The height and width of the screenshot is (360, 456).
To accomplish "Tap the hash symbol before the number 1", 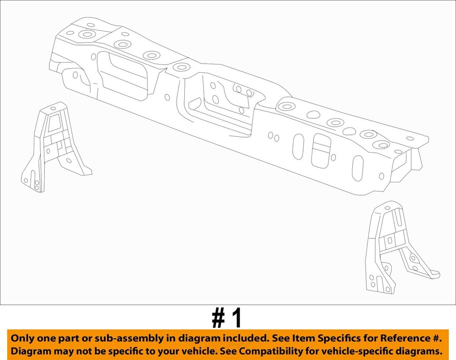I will [218, 319].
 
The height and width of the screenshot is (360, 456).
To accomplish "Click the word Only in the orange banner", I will [23, 339].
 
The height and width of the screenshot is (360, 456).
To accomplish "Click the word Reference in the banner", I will [394, 339].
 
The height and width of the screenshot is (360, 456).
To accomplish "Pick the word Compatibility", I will [269, 352].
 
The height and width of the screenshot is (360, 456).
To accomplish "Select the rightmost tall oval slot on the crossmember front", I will [358, 168].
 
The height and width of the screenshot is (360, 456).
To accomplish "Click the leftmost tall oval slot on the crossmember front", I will [298, 147].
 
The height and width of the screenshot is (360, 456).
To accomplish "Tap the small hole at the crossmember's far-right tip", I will [410, 139].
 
